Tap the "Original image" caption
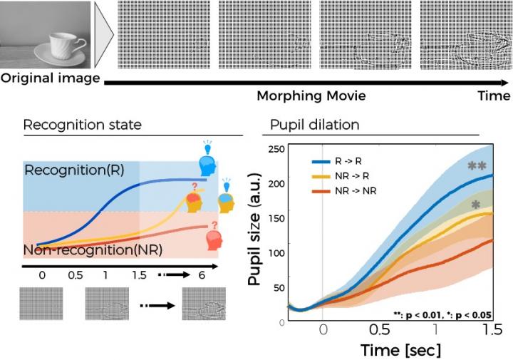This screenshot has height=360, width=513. click(50, 78)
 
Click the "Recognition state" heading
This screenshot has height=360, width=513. click(83, 125)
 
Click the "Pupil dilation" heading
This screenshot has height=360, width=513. click(313, 125)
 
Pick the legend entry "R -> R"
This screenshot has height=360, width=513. click(347, 162)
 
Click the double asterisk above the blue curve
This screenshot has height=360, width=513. click(476, 168)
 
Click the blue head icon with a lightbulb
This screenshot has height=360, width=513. click(208, 163)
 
